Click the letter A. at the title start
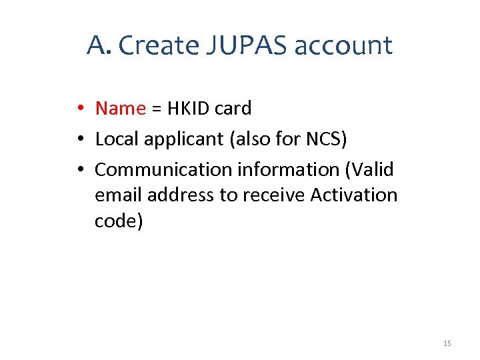99,45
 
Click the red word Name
120,108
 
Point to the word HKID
189,108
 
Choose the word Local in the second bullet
115,139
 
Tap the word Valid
370,169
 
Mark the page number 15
447,343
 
